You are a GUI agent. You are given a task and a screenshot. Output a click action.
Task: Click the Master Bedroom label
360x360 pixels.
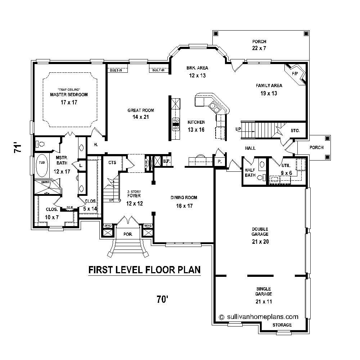[69, 95]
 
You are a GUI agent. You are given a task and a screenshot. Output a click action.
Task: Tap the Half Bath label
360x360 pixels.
[250, 173]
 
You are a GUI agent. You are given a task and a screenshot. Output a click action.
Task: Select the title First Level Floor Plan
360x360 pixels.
[144, 270]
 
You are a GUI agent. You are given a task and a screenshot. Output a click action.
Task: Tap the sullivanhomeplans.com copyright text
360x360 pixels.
[258, 317]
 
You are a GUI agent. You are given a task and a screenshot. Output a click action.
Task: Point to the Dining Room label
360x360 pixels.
[184, 198]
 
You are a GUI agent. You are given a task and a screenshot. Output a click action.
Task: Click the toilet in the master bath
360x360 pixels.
[40, 144]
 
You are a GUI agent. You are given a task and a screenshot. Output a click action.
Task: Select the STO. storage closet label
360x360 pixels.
[295, 131]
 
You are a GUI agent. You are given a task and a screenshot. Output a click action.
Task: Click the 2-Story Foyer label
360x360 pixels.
[134, 194]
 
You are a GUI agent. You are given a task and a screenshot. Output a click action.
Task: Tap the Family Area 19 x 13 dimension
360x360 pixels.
[269, 93]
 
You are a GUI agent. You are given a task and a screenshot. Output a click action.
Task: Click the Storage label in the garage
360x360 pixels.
[282, 325]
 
